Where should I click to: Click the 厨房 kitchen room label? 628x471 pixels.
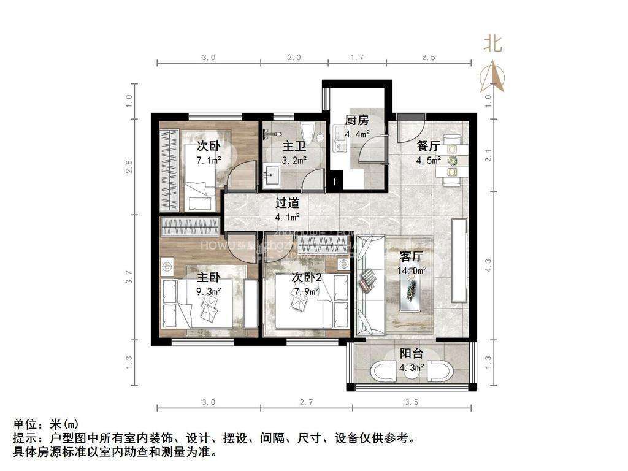[356, 120]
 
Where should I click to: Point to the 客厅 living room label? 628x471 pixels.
[412, 258]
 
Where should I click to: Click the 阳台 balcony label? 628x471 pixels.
[410, 354]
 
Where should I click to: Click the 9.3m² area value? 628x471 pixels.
[209, 292]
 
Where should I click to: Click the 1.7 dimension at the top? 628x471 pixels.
[357, 58]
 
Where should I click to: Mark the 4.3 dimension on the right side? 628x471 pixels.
[489, 265]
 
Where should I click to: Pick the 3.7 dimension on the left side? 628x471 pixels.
[129, 277]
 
